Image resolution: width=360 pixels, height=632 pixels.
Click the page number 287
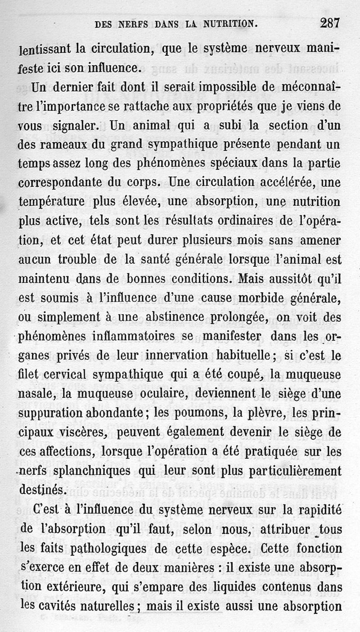(x=329, y=22)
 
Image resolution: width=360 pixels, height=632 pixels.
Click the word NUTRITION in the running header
(x=227, y=23)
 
